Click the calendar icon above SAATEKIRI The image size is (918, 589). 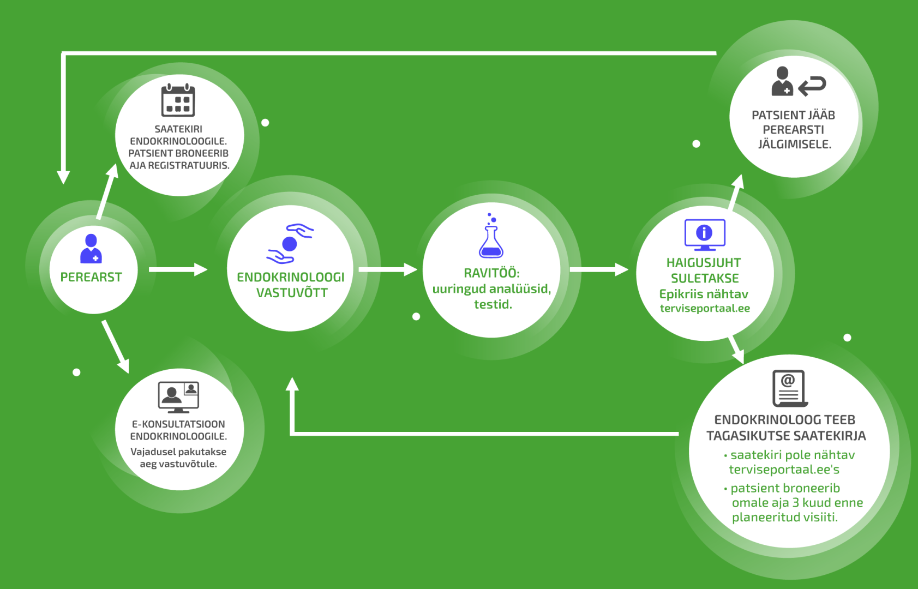pos(178,100)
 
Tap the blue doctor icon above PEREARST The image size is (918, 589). pos(91,249)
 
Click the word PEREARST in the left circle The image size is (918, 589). pos(91,277)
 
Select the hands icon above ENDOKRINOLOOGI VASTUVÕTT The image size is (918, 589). pos(290,244)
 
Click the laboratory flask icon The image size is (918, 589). pos(491,238)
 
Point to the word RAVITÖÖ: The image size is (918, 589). pos(491,273)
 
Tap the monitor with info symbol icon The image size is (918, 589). pos(705,235)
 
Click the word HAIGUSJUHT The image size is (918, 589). pos(704,263)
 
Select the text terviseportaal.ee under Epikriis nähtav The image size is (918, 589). pos(705,308)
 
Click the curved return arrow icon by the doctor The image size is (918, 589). pos(813,86)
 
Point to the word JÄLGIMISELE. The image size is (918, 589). pos(794,145)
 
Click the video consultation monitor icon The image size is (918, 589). pos(178,396)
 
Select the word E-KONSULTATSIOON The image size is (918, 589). pos(178,424)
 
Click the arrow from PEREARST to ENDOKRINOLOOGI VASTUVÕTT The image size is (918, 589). pos(178,269)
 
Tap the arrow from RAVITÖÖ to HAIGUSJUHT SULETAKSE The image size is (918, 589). pos(598,269)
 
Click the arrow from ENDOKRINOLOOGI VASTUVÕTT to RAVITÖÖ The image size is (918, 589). pos(387,269)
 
